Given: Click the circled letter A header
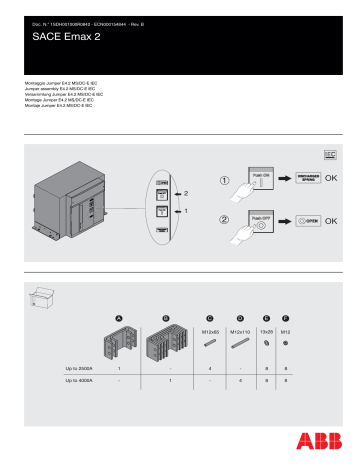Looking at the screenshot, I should tap(117, 317).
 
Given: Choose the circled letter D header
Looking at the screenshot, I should tap(239, 317).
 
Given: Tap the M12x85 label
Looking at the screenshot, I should tap(210, 331).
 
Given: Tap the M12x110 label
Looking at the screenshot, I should tap(239, 331).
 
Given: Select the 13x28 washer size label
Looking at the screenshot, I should tap(267, 331).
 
